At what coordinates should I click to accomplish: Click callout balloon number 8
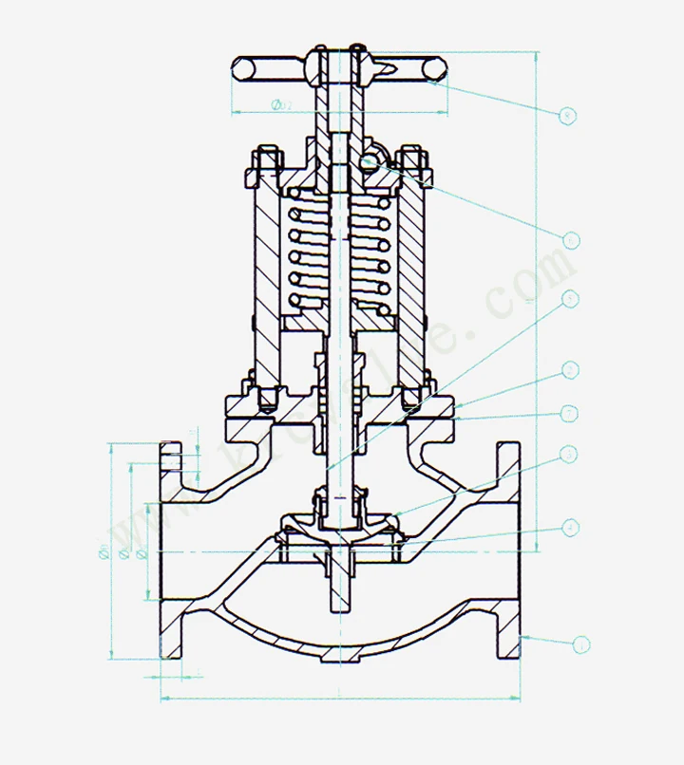pyautogui.click(x=568, y=116)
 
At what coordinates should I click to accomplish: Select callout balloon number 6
pyautogui.click(x=570, y=240)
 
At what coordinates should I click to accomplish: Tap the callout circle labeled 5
pyautogui.click(x=570, y=299)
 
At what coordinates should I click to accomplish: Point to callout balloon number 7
pyautogui.click(x=570, y=413)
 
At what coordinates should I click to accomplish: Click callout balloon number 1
pyautogui.click(x=580, y=645)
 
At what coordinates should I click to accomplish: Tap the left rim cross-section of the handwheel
pyautogui.click(x=243, y=68)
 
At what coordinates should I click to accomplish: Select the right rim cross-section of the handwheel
pyautogui.click(x=433, y=68)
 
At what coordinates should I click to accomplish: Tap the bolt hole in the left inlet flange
pyautogui.click(x=170, y=458)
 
